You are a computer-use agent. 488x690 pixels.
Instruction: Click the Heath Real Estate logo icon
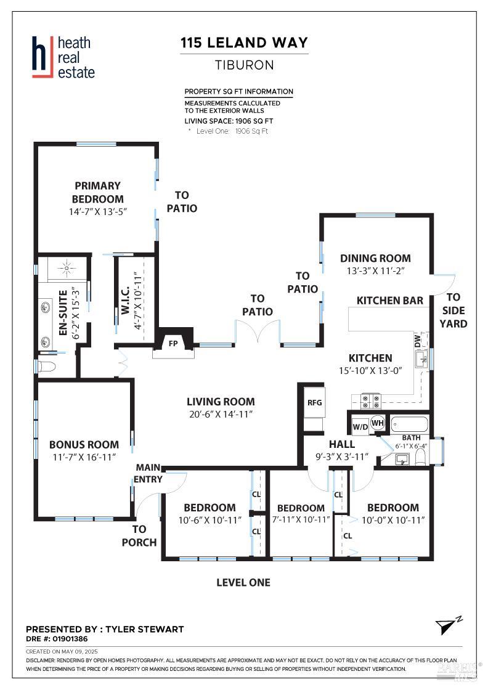coord(41,58)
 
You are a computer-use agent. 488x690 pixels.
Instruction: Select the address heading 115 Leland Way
coord(243,43)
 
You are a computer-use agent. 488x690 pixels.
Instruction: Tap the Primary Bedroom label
coord(97,192)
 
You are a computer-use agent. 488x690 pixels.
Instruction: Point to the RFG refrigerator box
coord(315,402)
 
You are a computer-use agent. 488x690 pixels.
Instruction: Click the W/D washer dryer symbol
coord(360,426)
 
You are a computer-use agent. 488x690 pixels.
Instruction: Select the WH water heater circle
coord(378,423)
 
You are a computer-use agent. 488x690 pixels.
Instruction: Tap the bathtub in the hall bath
coord(409,424)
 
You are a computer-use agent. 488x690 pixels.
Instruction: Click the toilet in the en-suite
coord(47,367)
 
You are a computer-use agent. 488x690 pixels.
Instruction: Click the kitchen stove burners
coord(372,401)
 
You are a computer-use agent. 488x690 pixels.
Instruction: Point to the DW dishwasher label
coord(417,340)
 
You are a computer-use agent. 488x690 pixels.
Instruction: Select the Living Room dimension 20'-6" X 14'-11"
coord(221,415)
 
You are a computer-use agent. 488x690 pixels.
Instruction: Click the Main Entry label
coord(149,473)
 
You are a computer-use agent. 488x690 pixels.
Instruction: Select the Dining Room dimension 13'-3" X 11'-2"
coord(375,270)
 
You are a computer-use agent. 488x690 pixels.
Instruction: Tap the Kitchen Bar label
coord(389,301)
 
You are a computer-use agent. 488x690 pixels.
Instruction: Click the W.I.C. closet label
coord(124,301)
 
